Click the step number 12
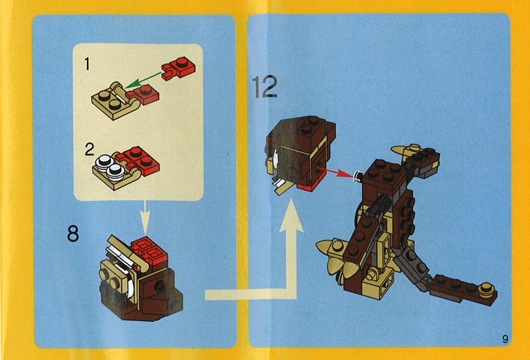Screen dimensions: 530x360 pos(264,86)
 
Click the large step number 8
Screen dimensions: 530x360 pos(73,233)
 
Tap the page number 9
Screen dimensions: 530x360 pos(505,339)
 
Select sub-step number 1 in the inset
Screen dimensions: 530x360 pos(87,64)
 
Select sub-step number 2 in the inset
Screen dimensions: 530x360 pos(89,149)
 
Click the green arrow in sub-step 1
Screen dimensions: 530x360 pos(143,80)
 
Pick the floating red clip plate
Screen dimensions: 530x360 pos(179,67)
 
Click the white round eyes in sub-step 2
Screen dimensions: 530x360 pos(110,166)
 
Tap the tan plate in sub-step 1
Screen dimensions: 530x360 pos(115,101)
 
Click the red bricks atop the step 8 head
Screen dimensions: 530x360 pos(149,251)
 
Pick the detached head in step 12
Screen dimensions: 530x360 pos(300,155)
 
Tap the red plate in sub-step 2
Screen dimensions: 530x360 pos(140,160)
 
